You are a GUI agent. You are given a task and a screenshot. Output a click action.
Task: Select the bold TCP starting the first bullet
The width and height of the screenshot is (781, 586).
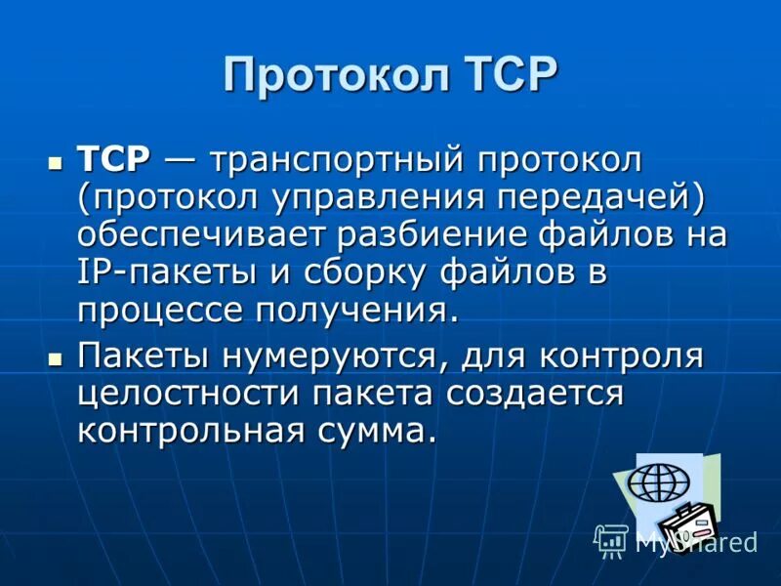pos(114,159)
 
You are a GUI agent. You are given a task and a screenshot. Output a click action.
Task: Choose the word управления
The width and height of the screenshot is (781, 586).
pos(376,197)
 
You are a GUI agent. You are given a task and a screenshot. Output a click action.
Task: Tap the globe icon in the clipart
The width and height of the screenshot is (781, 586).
pos(658,482)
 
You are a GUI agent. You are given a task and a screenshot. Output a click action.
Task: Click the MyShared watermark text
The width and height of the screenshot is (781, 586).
pos(696,542)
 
